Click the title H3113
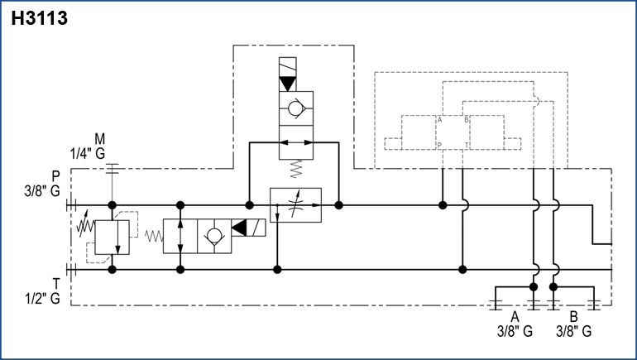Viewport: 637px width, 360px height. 40,19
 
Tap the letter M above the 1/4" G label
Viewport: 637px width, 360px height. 99,137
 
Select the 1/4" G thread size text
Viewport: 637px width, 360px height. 89,152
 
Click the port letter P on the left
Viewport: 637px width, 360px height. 55,175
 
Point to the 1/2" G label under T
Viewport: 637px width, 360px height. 44,299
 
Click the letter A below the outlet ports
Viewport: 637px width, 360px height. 514,317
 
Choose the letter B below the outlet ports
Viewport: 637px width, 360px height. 573,317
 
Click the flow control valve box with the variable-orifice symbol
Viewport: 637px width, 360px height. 295,204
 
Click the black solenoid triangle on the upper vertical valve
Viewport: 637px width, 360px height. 287,84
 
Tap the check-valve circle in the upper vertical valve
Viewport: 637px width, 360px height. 295,115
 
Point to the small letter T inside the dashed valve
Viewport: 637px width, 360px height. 467,145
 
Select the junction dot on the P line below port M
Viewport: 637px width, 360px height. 112,204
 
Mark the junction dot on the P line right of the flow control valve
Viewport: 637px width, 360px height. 338,204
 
